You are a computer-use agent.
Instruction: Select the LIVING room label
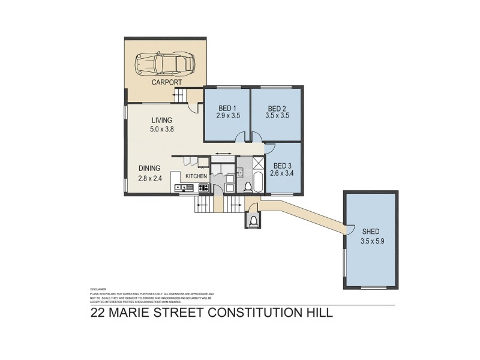(x=161, y=120)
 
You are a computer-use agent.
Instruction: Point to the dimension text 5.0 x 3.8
(x=161, y=129)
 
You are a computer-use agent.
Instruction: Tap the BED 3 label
(x=284, y=166)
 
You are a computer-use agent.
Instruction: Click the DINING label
(x=149, y=169)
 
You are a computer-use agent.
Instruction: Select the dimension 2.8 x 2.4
(x=149, y=178)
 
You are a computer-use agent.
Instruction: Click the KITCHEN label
(x=196, y=176)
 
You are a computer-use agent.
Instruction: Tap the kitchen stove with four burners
(x=203, y=188)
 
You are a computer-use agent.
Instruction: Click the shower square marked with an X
(x=259, y=164)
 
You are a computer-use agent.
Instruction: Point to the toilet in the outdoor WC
(x=253, y=221)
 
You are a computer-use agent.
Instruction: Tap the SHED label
(x=370, y=230)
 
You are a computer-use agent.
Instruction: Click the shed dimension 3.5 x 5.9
(x=370, y=239)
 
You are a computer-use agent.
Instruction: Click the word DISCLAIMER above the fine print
(x=97, y=287)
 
